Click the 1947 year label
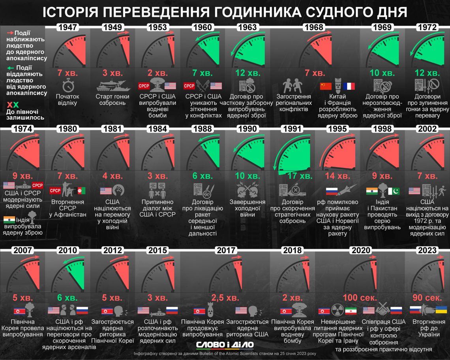[67, 27]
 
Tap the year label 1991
[292, 129]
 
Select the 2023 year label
[427, 250]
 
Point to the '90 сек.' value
[427, 297]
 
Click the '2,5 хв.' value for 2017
[225, 297]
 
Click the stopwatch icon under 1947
[67, 85]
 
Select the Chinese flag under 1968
[326, 86]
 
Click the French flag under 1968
[349, 86]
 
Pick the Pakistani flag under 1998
[394, 191]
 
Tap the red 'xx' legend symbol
[13, 105]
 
